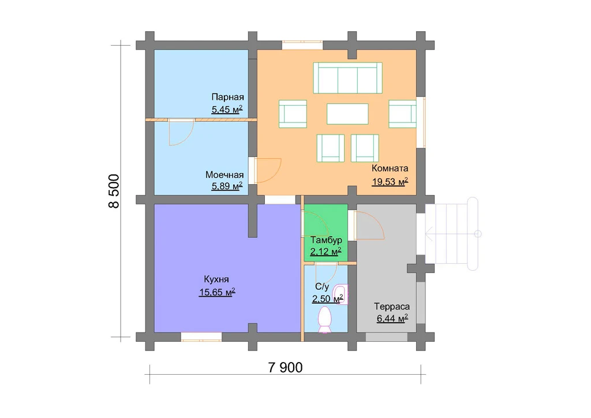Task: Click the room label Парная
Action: (227, 98)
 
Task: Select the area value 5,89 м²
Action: (227, 186)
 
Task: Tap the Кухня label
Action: (216, 279)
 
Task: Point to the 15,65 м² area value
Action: (217, 292)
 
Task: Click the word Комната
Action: (390, 168)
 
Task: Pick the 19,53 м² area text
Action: (390, 182)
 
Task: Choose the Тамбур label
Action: (326, 240)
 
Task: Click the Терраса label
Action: (392, 307)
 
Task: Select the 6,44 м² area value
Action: (392, 319)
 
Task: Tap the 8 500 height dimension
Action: (114, 191)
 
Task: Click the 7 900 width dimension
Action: (285, 368)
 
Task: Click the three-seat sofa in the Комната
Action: (347, 78)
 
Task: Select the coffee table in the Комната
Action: (347, 114)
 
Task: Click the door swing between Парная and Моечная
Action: (181, 132)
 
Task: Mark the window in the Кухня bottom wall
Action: (201, 337)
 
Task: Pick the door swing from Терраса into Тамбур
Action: (369, 225)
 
